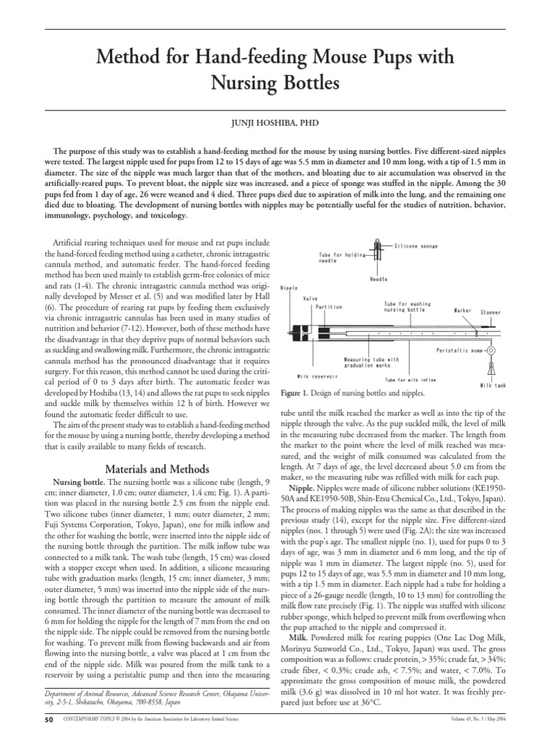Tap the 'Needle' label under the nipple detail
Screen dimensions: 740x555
click(x=379, y=278)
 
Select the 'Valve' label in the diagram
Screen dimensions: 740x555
click(x=311, y=298)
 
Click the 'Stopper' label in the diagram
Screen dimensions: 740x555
click(x=491, y=312)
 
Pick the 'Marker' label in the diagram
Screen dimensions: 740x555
click(x=462, y=311)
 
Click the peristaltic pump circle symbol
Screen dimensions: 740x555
click(x=491, y=350)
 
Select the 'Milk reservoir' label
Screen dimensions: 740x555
click(x=318, y=376)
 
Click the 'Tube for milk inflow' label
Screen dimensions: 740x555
click(x=410, y=379)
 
